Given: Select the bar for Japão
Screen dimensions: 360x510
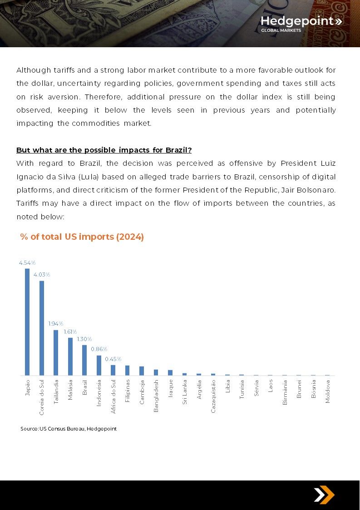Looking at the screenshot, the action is tap(27, 322).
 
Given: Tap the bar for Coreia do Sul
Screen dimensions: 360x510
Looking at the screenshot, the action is tap(42, 328).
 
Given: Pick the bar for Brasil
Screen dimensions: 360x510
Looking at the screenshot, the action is tap(84, 361).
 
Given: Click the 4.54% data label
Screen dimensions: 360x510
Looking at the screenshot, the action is tap(27, 263).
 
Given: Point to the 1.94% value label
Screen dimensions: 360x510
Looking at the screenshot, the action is tap(55, 324).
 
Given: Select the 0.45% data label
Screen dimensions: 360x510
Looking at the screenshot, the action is tap(113, 359).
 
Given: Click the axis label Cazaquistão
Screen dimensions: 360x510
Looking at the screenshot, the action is tap(213, 396).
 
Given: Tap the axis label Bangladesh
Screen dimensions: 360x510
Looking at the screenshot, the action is tap(156, 396).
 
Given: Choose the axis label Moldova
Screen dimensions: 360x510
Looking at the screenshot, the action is tap(327, 391).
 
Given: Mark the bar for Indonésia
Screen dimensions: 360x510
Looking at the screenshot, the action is tap(99, 366).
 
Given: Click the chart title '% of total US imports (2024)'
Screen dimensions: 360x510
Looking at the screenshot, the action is tap(82, 237).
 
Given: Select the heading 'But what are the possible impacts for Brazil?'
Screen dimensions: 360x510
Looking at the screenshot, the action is tap(104, 150).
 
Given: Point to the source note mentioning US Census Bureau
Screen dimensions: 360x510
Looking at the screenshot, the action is tap(69, 429).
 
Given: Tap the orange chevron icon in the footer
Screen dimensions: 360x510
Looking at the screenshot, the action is tap(324, 495).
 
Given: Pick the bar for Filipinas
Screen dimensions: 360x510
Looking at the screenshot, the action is tap(128, 371).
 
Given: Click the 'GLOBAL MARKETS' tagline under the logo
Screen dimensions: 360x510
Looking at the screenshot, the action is tap(281, 30).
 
